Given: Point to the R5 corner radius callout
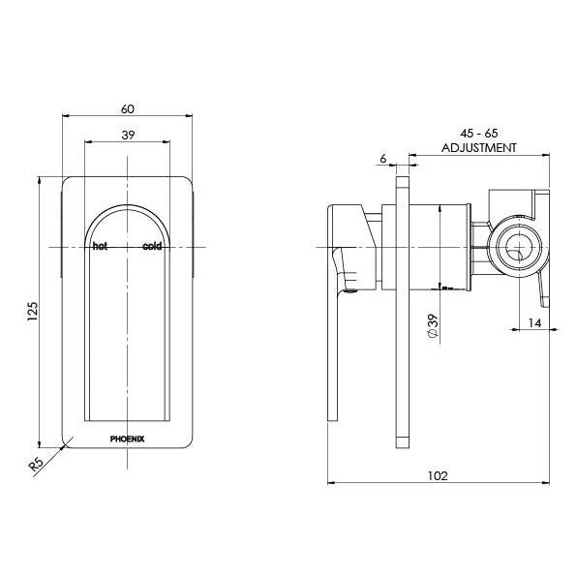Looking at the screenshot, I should tap(37, 465).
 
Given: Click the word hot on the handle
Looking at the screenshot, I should tap(99, 247).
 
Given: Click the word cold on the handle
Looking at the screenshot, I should tap(152, 247).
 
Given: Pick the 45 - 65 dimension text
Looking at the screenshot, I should tap(478, 134).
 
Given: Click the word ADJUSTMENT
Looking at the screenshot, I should tap(478, 148).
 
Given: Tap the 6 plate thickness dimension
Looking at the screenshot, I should tap(384, 158).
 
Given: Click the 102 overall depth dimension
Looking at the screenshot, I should tap(441, 474).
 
